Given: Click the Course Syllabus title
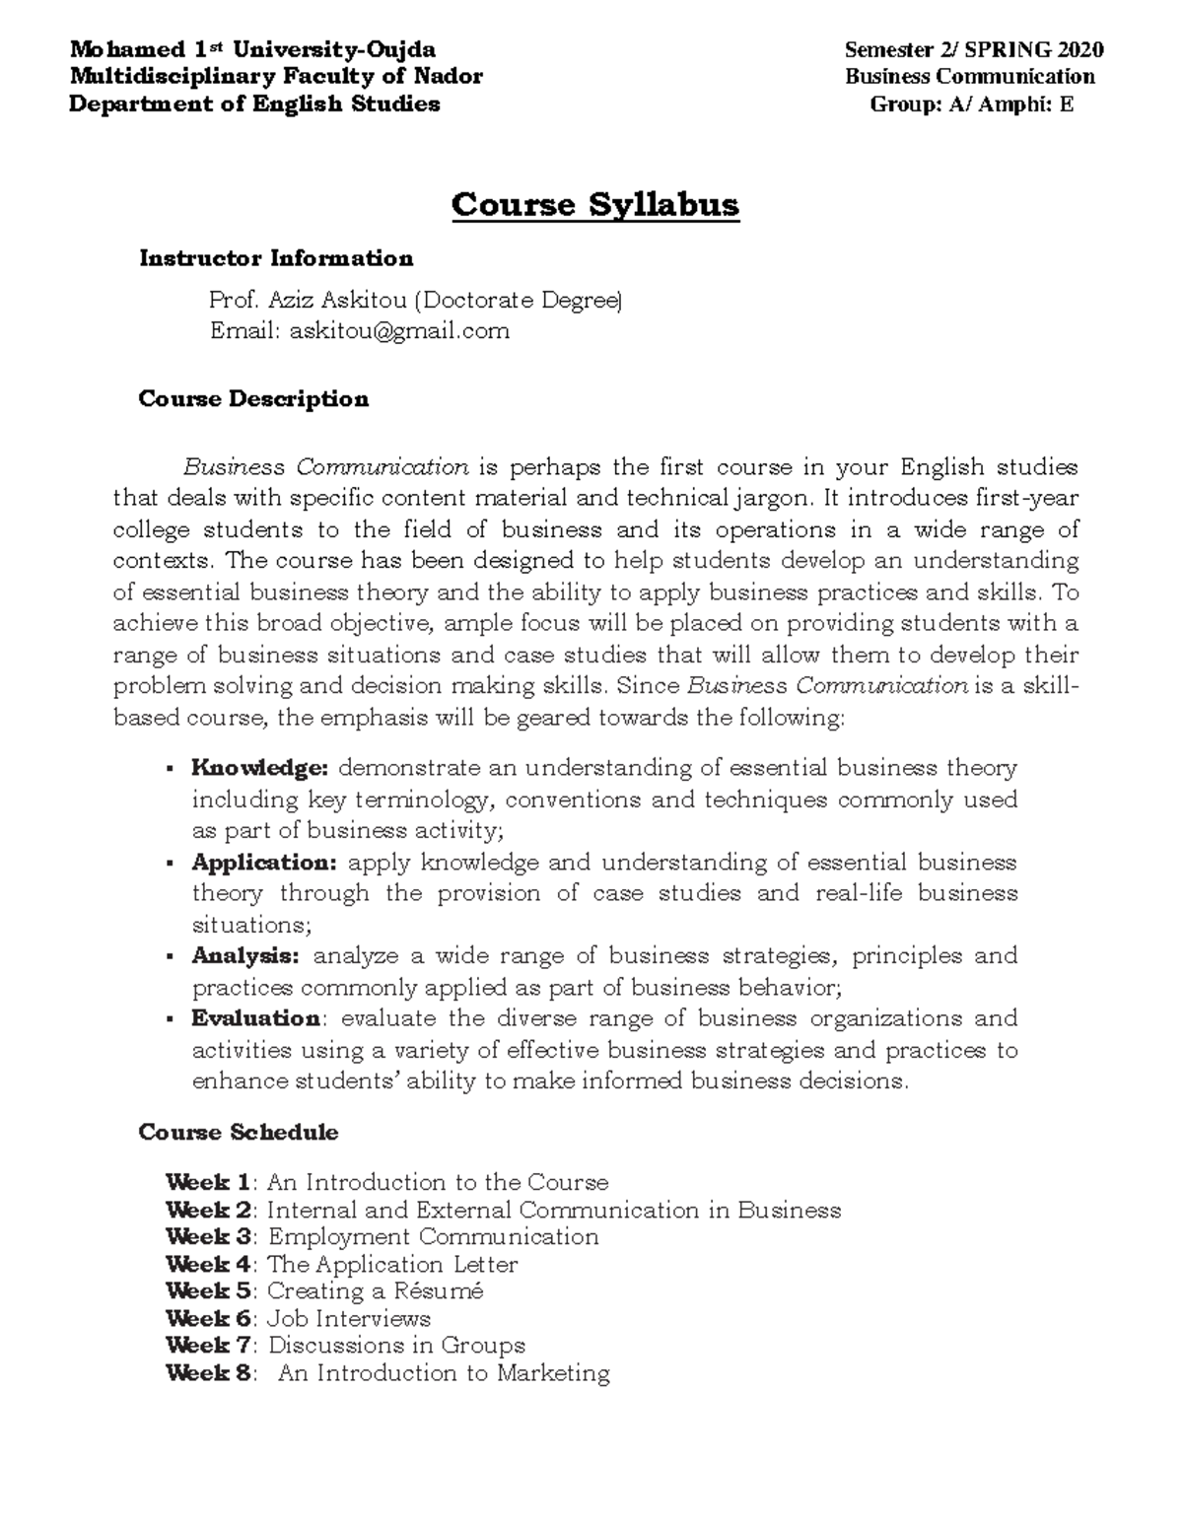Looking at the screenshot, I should [594, 205].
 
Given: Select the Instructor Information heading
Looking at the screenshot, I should [276, 258].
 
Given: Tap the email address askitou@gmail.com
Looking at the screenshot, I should [399, 331].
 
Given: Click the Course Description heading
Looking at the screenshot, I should [253, 398].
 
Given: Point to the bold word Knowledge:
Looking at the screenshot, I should [260, 768].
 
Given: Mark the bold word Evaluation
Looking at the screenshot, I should [256, 1018].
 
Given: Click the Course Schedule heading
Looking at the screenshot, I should [239, 1132].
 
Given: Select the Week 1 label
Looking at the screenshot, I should [209, 1182].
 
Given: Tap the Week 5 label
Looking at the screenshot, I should [211, 1291].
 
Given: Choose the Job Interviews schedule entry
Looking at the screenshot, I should [349, 1319].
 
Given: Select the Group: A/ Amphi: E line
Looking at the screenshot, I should [971, 104].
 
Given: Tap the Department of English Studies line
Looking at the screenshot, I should [254, 104].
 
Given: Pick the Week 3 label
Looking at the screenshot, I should [211, 1237].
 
